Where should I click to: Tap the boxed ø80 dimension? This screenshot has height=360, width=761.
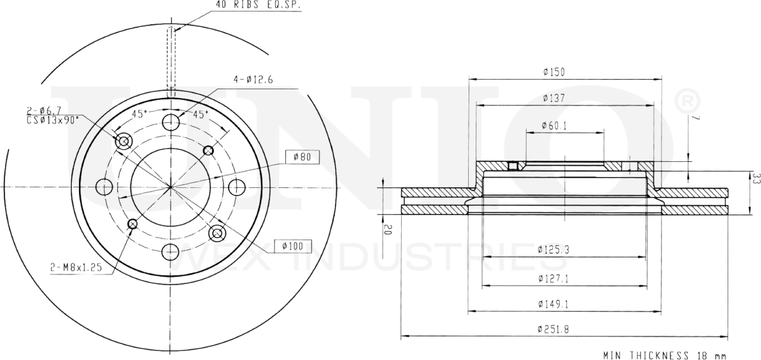301,157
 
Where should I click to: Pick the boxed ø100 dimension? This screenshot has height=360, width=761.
292,245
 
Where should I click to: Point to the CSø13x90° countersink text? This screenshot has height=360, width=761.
53,119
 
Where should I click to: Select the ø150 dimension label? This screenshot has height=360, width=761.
554,73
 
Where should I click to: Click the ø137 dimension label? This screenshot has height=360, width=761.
554,98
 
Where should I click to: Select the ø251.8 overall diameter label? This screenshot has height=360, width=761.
552,329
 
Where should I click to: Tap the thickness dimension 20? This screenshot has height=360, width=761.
387,230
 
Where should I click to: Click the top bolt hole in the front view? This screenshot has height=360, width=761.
171,122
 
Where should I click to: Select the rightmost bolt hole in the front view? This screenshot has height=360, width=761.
236,187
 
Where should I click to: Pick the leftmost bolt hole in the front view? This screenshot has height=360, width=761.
104,187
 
